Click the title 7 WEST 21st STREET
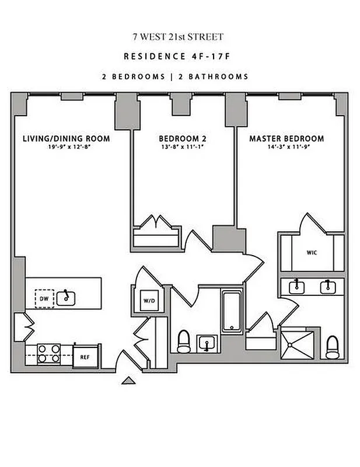click(x=178, y=37)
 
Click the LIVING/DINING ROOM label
click(x=66, y=139)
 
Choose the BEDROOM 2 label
click(x=182, y=139)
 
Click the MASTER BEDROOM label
click(x=286, y=139)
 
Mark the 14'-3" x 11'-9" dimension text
click(x=286, y=148)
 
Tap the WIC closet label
click(x=311, y=253)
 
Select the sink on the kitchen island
click(x=68, y=297)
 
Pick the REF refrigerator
click(x=85, y=354)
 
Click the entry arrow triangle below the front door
click(x=128, y=381)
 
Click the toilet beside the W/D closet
click(x=184, y=341)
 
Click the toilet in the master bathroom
click(x=332, y=347)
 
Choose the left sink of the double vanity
click(x=298, y=286)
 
